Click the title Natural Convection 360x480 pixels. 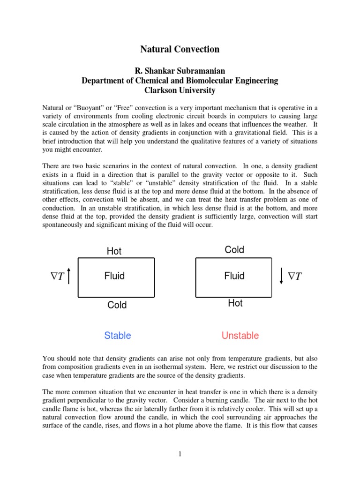[180, 49]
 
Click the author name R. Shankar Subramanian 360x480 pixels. [180, 71]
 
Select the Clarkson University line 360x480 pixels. [180, 90]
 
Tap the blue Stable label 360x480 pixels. [117, 336]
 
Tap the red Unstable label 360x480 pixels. [240, 336]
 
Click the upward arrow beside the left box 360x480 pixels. [69, 276]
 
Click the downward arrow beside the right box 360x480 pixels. [281, 276]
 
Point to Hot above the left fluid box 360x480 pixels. [114, 251]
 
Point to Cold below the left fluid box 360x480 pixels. [117, 305]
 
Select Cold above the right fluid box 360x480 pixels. [234, 250]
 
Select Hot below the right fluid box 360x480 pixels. [235, 303]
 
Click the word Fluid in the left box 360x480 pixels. [114, 276]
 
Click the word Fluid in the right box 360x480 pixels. [234, 276]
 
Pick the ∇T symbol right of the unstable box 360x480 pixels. [295, 277]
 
